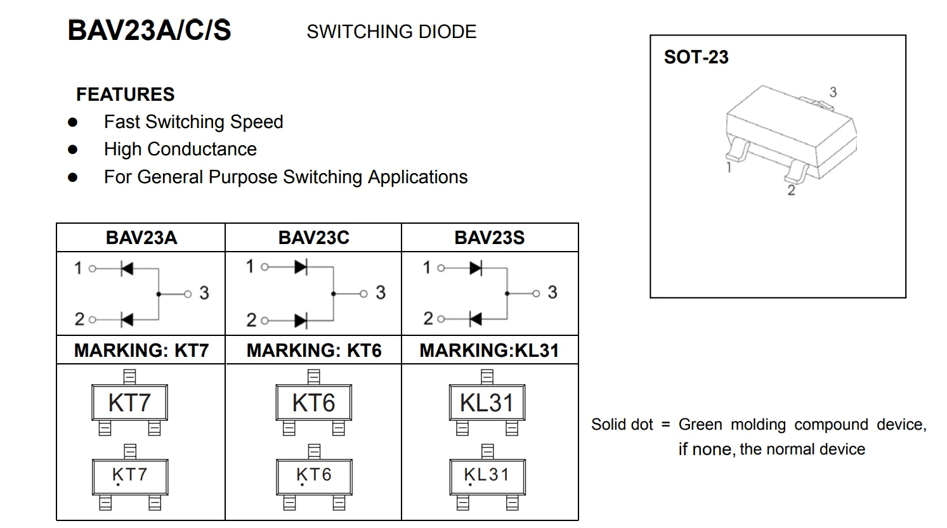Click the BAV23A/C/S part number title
tap(149, 30)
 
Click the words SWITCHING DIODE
tap(391, 32)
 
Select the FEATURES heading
tap(125, 94)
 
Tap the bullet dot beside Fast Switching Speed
tap(73, 122)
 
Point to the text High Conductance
tap(180, 149)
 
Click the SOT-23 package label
tap(696, 57)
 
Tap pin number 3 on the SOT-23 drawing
tap(833, 92)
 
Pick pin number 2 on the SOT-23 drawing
tap(791, 190)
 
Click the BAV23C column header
tap(313, 238)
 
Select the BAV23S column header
tap(490, 238)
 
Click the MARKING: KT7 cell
tap(141, 350)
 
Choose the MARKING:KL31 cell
tap(490, 350)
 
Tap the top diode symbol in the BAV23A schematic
tap(127, 269)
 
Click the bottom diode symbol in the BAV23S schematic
tap(475, 319)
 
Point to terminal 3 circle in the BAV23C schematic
tap(363, 293)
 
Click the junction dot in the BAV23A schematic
tap(158, 294)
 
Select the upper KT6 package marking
tap(313, 402)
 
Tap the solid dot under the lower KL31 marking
tap(470, 485)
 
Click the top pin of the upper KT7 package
tap(129, 377)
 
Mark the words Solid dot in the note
tap(622, 425)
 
